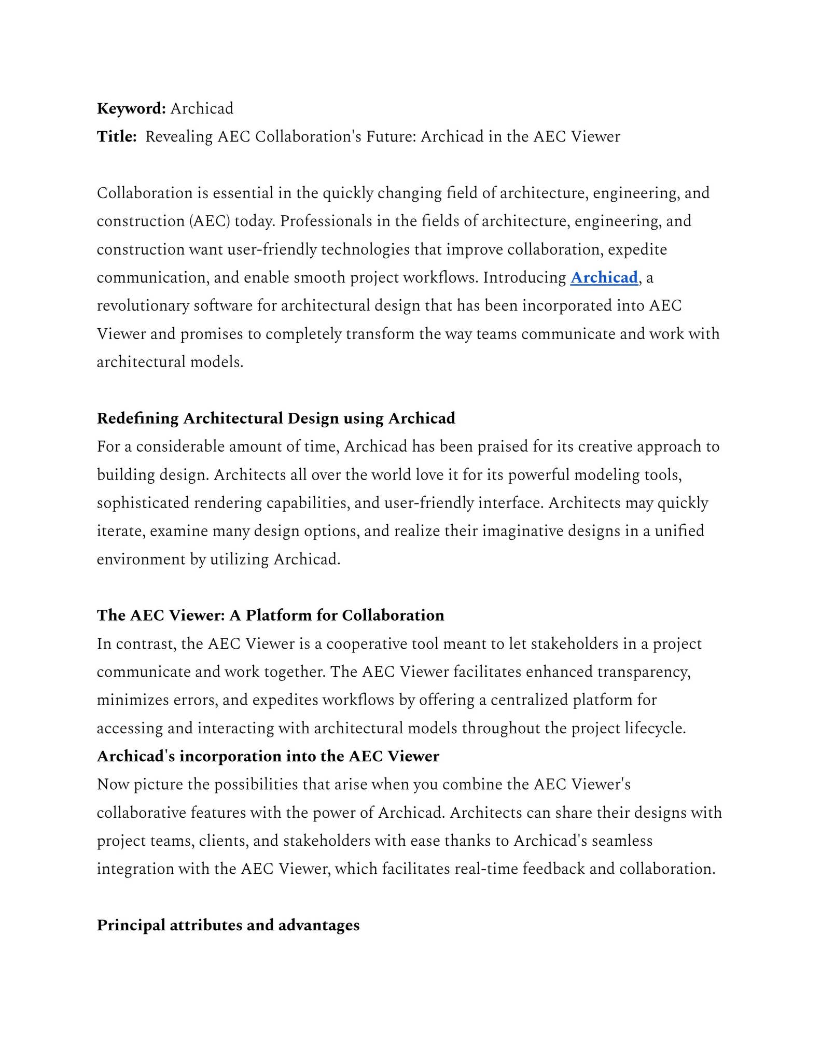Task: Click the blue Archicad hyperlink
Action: [604, 277]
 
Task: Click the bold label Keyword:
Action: [131, 108]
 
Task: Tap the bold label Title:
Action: [117, 136]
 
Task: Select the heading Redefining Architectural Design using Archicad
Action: [276, 418]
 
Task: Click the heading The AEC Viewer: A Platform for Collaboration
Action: [270, 615]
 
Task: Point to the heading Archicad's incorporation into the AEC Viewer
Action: [268, 756]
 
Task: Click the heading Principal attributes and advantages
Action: [228, 925]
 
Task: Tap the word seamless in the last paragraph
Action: [622, 841]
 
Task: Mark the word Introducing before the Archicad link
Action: [524, 277]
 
